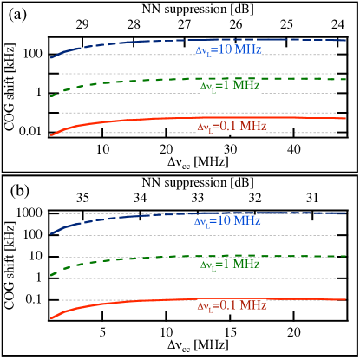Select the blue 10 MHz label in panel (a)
point(228,50)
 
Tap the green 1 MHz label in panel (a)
point(230,87)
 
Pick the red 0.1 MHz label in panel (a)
point(232,127)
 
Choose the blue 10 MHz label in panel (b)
point(228,221)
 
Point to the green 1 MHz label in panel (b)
point(230,264)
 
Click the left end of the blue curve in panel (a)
point(51,57)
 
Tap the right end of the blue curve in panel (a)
point(346,41)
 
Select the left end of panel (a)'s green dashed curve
point(51,95)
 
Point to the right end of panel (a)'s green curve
point(346,79)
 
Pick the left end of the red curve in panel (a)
point(51,134)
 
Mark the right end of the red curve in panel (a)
point(346,118)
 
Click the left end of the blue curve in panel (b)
point(51,233)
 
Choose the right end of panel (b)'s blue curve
point(346,213)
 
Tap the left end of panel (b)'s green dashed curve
point(51,275)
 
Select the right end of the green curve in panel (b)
point(346,256)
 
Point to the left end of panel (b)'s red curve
point(51,318)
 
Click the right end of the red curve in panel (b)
point(346,299)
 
